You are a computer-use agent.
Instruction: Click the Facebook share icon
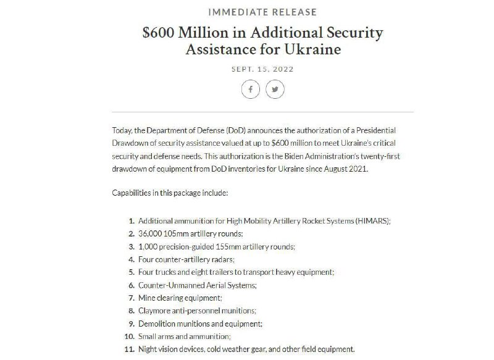click(250, 90)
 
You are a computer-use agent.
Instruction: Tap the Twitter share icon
click(275, 90)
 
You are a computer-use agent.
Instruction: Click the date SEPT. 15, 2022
click(262, 69)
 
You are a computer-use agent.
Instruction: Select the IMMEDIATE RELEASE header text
click(262, 12)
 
